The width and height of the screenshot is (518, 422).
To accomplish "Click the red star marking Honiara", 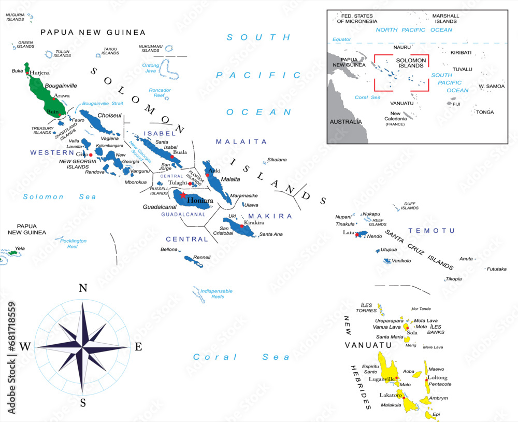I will click(x=182, y=195).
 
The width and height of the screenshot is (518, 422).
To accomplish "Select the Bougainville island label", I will click(x=61, y=86).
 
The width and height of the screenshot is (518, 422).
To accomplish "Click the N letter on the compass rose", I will click(x=82, y=289).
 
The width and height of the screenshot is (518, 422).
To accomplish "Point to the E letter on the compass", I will click(x=138, y=347).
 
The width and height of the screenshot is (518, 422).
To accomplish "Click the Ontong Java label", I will click(x=151, y=68).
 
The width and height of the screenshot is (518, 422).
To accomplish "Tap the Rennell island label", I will click(x=202, y=257).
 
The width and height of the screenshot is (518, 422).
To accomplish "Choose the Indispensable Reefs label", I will click(x=216, y=294).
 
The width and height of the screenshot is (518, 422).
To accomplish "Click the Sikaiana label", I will click(x=277, y=160).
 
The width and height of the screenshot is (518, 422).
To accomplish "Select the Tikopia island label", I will click(x=453, y=279).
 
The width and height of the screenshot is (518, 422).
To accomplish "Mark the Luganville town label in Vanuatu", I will click(x=382, y=379).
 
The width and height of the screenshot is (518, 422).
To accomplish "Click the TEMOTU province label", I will click(x=431, y=231).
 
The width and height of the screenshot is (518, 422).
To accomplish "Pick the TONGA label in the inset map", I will click(x=485, y=112).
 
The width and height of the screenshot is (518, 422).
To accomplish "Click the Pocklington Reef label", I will click(x=73, y=244).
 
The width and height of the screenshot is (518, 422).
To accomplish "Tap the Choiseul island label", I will click(x=110, y=115).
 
